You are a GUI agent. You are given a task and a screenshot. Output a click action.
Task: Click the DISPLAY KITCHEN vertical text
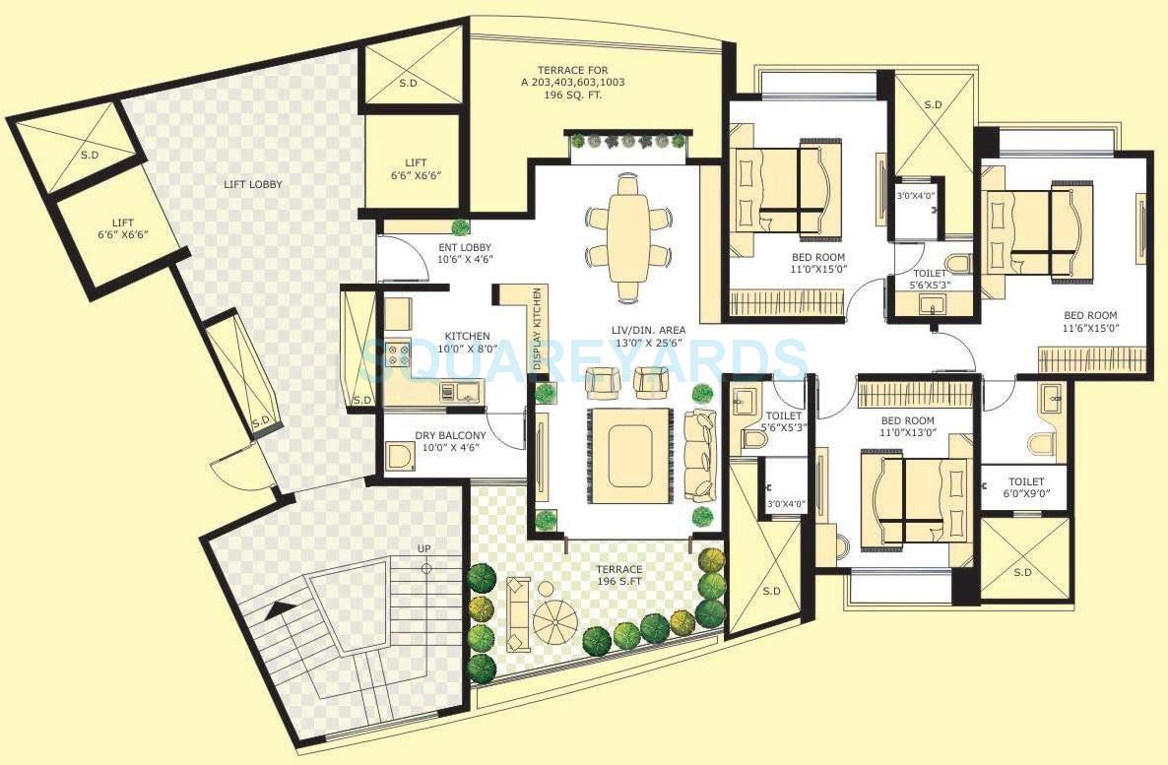pyautogui.click(x=537, y=328)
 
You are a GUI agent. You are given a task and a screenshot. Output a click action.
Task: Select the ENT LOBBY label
pyautogui.click(x=465, y=253)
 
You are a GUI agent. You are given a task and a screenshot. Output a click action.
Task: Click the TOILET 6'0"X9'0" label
pyautogui.click(x=1023, y=489)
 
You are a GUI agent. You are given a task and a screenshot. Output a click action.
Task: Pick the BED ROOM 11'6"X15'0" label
pyautogui.click(x=1090, y=322)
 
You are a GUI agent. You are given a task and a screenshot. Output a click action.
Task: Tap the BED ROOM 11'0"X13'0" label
pyautogui.click(x=907, y=425)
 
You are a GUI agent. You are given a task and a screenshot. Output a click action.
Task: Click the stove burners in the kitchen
pyautogui.click(x=399, y=354)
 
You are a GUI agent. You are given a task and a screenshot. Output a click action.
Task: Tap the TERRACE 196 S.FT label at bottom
pyautogui.click(x=618, y=576)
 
